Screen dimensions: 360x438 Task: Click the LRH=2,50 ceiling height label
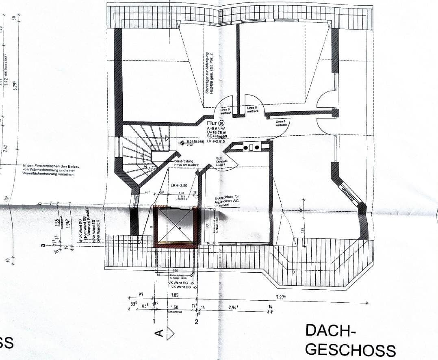[x=179, y=185]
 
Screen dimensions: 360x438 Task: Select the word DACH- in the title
[x=330, y=331]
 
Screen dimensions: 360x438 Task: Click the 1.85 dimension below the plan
[x=175, y=295]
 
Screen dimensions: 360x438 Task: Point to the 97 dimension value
[x=141, y=294]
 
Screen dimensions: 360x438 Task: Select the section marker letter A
[x=159, y=334]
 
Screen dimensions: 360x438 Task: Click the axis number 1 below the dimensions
[x=154, y=321]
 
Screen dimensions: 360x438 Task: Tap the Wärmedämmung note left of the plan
[x=49, y=170]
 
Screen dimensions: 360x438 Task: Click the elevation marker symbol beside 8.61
[x=182, y=143]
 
